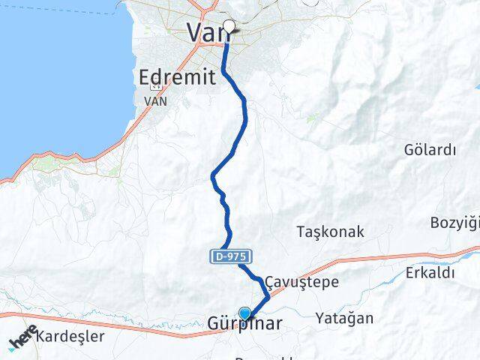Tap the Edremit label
point(178,76)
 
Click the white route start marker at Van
point(229,27)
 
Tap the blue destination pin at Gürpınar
point(244,313)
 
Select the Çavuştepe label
point(301,283)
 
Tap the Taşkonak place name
point(331,232)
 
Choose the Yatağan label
point(344,318)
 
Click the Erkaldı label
point(430,273)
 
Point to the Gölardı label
point(430,149)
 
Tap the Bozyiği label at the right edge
point(454,223)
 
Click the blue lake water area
point(52,75)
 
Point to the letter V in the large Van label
point(195,32)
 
